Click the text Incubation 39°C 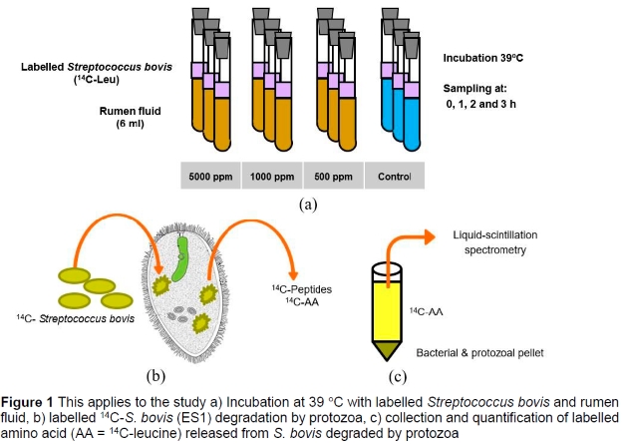pos(486,60)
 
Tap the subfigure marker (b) pos(155,375)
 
